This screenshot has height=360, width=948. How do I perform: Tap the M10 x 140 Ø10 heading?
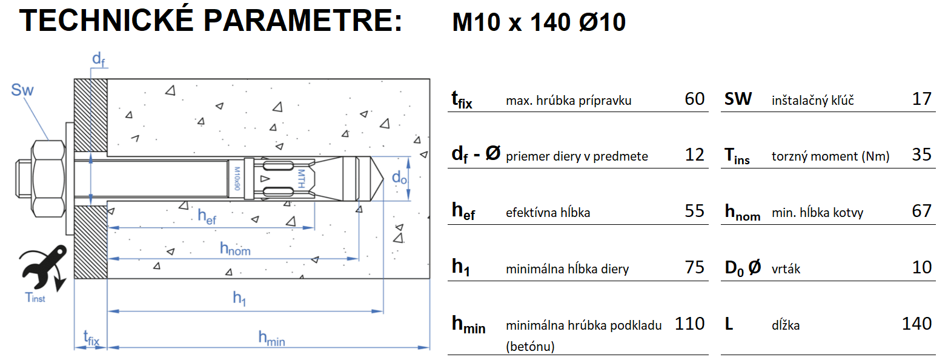point(539,22)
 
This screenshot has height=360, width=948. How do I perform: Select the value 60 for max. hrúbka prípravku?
point(694,99)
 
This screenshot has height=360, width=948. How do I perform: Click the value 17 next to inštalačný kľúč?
point(921,99)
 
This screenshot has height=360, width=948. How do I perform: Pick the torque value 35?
point(921,155)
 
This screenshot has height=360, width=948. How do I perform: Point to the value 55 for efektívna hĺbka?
point(694,211)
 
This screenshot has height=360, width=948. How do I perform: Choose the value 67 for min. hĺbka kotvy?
point(921,211)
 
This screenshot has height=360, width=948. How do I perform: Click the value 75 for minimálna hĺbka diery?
point(694,267)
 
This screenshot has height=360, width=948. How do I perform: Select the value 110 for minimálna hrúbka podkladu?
point(689,324)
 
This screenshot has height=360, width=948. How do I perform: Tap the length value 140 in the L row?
point(917,324)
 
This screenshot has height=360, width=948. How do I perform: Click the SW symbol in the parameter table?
point(738,99)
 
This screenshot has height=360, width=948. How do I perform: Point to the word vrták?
point(786,268)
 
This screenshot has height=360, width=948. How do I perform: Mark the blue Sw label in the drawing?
point(22,91)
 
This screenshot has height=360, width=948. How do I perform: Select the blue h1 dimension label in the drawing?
point(240,298)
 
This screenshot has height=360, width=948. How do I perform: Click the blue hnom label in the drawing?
point(235,248)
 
